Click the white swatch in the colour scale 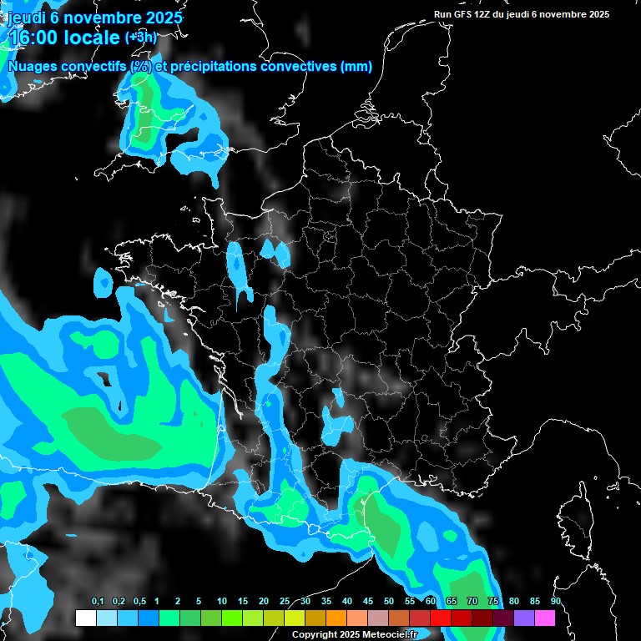(x=85, y=618)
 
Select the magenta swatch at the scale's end (x=545, y=618)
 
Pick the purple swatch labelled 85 (x=524, y=618)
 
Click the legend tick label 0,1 (x=98, y=602)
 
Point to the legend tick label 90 (x=555, y=602)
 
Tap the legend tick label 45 (x=368, y=602)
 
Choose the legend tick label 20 (x=264, y=602)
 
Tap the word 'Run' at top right (x=442, y=14)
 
